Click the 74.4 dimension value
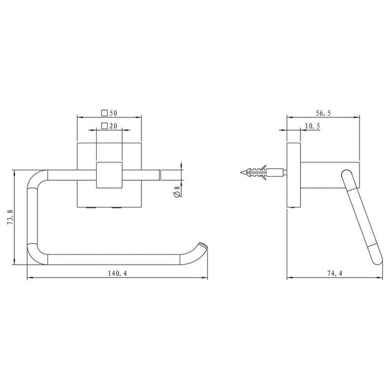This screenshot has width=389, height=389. pos(334,274)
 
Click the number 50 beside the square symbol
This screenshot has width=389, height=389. pos(113,113)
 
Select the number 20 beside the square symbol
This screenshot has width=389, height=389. pos(113,126)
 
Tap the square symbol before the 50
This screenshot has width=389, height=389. pos(104,113)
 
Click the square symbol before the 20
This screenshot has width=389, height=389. pos(104,126)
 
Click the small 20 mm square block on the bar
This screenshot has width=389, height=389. pos(109,175)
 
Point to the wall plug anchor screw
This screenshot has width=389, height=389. pos(263,173)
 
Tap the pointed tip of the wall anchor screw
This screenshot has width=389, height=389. pos(241,173)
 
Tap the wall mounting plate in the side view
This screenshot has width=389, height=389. pos(293,175)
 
